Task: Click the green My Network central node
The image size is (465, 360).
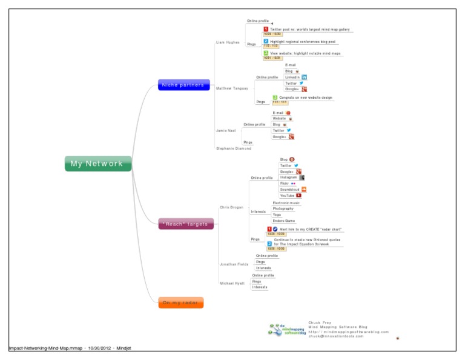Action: (97, 164)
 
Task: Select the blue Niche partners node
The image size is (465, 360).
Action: (183, 85)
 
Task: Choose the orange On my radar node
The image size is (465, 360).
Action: (181, 302)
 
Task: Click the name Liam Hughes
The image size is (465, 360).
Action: (228, 42)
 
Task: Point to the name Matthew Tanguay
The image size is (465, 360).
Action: (232, 88)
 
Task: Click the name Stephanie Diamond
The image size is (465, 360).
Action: (234, 148)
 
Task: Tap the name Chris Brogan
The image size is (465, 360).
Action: (231, 207)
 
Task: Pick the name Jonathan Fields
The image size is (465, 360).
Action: (234, 264)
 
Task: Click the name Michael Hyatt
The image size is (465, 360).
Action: (232, 283)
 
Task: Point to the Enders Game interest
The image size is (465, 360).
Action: (283, 221)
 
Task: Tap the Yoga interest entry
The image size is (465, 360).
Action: (277, 215)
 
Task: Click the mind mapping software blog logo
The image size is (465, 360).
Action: (288, 330)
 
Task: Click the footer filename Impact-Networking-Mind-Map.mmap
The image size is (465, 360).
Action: (45, 348)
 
